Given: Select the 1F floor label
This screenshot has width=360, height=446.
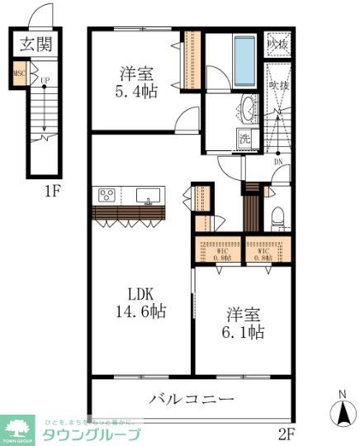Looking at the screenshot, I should tap(53, 192).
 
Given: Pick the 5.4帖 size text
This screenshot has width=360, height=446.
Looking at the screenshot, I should tap(138, 90).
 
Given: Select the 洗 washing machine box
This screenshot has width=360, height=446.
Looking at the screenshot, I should tap(245, 138).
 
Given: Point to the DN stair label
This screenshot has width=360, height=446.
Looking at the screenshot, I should tap(277, 163).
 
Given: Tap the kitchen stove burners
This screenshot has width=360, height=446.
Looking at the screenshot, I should tap(107, 195).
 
